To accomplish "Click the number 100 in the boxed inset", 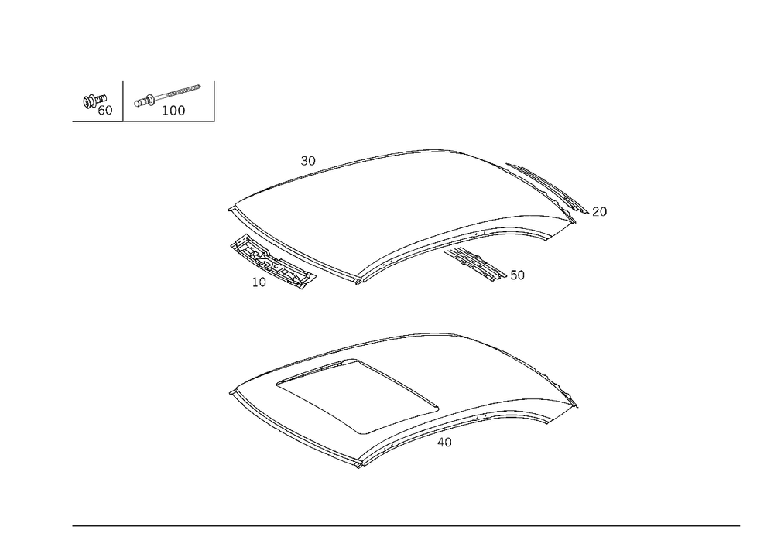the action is [173, 111].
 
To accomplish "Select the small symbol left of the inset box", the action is [97, 103].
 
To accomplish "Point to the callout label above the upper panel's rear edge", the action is [309, 159].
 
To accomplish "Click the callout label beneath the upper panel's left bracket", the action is [260, 282].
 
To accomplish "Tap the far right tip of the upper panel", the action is [604, 214].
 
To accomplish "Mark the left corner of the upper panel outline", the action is [230, 207].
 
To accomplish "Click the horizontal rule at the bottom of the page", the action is [406, 526].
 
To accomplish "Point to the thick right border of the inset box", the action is [214, 101].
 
